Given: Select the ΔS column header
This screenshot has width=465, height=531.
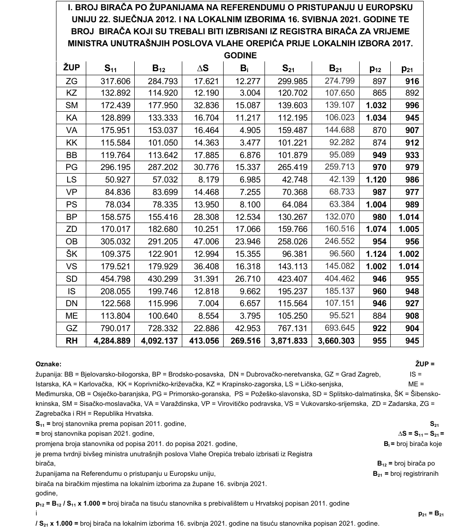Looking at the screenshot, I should click(x=203, y=69).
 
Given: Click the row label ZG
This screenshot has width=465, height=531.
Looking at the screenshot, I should click(x=71, y=81).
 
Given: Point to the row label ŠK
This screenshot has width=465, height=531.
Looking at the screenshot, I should click(x=71, y=254).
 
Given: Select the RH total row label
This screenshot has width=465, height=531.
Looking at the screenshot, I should click(x=71, y=340).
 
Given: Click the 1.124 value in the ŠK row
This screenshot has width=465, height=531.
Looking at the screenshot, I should click(x=376, y=254).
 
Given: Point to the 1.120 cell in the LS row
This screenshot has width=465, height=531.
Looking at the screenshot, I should click(x=376, y=180).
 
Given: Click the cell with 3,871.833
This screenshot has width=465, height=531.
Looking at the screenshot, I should click(x=289, y=340).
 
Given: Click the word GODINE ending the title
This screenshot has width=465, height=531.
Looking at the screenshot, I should click(x=240, y=56).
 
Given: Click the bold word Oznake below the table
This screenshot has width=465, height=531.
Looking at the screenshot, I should click(x=48, y=364).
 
